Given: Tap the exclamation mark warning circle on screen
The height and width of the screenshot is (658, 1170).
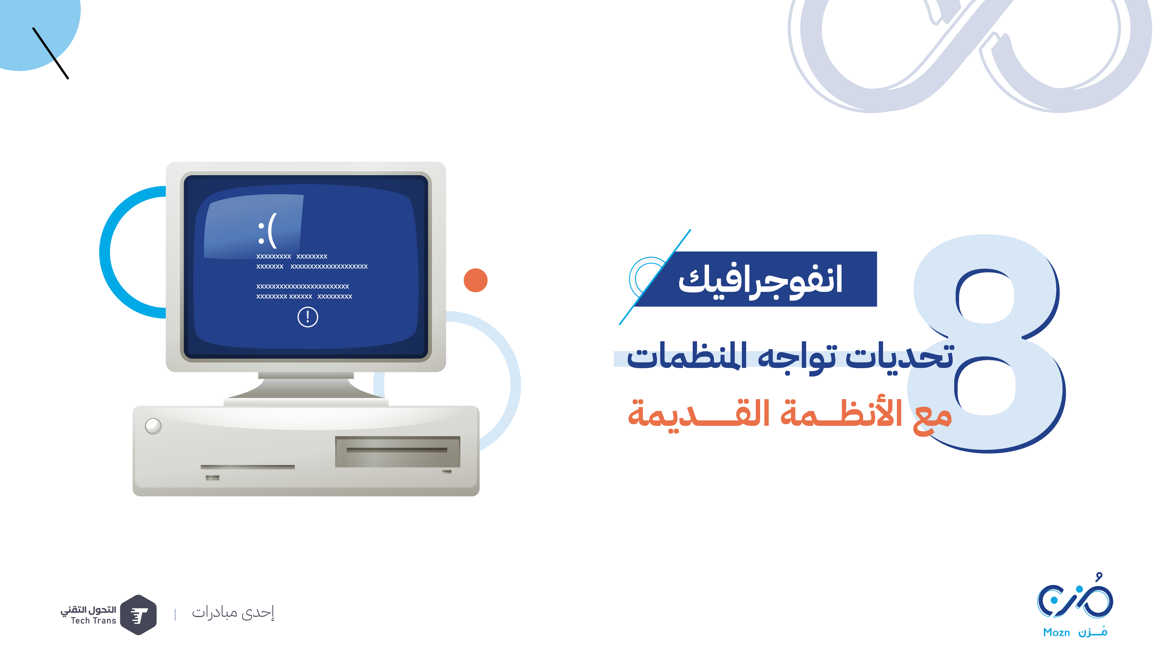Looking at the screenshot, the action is (307, 317).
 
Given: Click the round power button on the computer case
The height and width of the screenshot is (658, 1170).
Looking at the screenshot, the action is (153, 426).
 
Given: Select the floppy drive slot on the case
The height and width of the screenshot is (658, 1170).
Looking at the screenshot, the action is (398, 451).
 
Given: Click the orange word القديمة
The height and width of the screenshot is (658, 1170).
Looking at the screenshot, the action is (698, 414).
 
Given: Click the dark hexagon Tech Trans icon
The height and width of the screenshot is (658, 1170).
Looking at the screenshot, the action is (139, 615).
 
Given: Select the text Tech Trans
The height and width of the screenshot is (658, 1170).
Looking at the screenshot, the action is (94, 621).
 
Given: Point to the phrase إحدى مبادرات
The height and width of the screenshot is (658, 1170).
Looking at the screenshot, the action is (233, 613).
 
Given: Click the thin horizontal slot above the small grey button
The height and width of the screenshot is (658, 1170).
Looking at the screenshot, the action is (247, 467).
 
